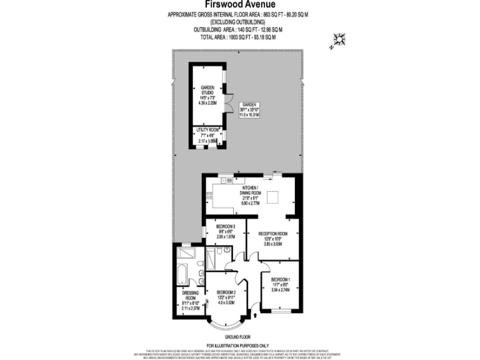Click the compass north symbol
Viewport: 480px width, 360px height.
click(339, 40)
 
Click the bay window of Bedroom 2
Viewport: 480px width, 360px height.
click(225, 324)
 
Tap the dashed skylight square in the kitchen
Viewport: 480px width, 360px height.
click(273, 198)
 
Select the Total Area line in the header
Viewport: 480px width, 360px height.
click(238, 37)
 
